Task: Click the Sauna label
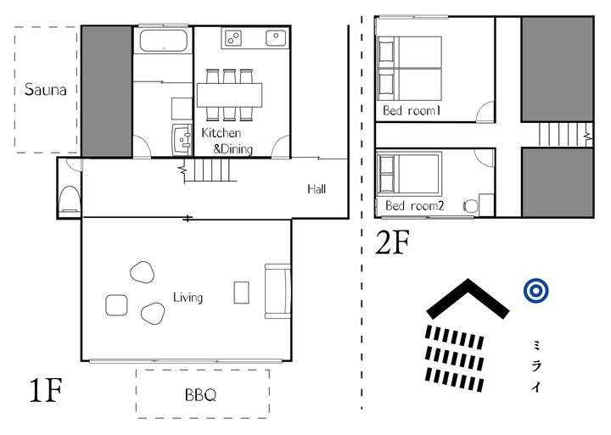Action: point(45,90)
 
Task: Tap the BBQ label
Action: point(200,395)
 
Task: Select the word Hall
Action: point(317,189)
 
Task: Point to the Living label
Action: point(188,298)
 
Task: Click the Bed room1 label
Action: point(412,110)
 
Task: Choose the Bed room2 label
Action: point(415,205)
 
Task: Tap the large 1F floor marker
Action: point(46,390)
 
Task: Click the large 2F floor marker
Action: point(392,243)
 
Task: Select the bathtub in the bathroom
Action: point(164,40)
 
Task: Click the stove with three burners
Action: point(233,38)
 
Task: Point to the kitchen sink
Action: point(276,38)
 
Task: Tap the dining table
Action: point(229,95)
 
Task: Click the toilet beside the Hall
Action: point(70,198)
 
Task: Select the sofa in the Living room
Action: point(277,292)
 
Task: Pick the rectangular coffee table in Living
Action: point(242,293)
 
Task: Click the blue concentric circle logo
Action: point(536,290)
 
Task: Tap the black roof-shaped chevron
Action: point(468,298)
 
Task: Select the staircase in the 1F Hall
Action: point(210,170)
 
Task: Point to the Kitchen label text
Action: point(221,133)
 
